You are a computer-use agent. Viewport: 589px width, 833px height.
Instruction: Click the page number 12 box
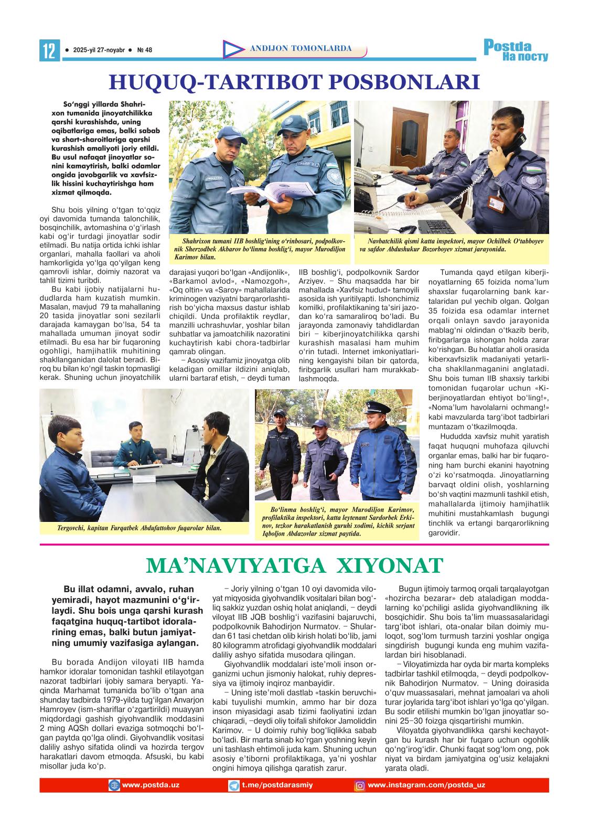[48, 51]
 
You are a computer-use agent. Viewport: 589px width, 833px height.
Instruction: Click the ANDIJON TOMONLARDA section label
[301, 49]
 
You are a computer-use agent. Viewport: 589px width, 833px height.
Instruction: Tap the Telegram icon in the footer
[234, 785]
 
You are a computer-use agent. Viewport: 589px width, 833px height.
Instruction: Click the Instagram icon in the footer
[360, 785]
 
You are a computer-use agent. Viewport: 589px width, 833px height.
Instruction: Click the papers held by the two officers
[262, 193]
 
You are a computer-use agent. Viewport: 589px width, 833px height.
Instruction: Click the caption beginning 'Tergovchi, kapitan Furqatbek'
[139, 528]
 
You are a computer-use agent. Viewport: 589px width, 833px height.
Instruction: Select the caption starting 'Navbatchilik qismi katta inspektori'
[451, 245]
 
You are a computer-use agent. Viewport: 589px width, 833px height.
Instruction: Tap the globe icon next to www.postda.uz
[114, 785]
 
